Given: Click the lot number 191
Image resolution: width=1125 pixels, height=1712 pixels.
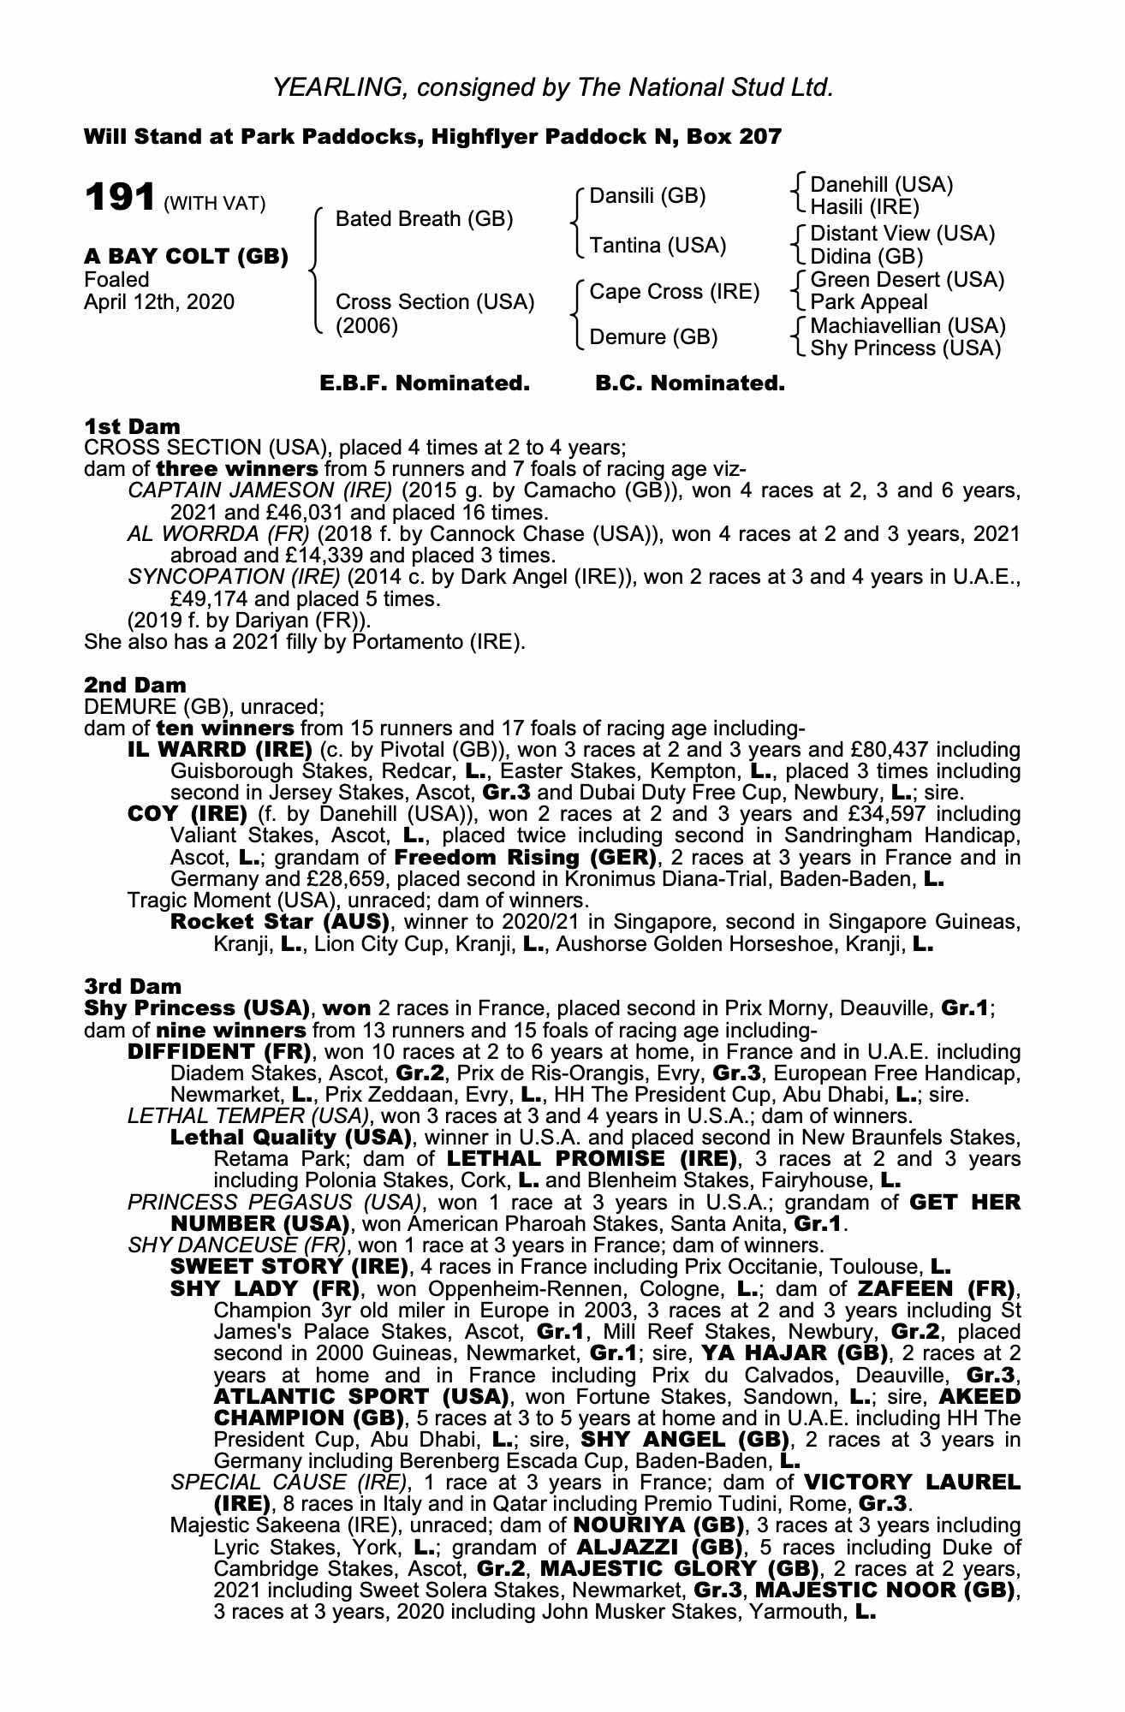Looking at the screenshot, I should [119, 198].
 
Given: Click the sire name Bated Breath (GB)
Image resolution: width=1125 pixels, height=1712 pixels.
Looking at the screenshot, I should [424, 219].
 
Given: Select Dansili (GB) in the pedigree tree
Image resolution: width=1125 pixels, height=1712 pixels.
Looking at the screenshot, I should [647, 196].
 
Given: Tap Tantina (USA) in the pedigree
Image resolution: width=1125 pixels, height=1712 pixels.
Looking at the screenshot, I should [658, 246].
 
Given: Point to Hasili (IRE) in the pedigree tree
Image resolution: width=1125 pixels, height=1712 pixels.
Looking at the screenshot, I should [864, 206].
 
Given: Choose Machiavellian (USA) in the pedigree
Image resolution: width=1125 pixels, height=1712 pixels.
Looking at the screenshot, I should [908, 326].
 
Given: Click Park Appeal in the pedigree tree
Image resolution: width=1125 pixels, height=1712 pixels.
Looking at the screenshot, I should [868, 302].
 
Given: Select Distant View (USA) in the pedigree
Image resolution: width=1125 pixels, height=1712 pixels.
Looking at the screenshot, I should [902, 234].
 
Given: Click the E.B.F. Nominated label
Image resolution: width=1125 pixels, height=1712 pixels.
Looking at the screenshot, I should [425, 383].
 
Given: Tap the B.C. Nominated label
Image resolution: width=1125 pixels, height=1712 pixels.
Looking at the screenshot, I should [689, 383].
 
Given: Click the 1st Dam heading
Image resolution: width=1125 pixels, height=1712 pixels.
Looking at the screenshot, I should [132, 426].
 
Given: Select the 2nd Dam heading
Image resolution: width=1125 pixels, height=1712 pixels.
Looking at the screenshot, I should [134, 686].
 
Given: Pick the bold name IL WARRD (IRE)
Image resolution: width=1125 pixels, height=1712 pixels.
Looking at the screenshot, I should [219, 750].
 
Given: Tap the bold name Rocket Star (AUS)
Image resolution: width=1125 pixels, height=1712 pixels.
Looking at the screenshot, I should [280, 922].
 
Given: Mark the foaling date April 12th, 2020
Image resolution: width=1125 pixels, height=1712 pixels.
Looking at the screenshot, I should [158, 302].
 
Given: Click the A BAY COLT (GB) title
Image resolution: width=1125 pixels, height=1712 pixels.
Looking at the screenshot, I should [186, 257].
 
